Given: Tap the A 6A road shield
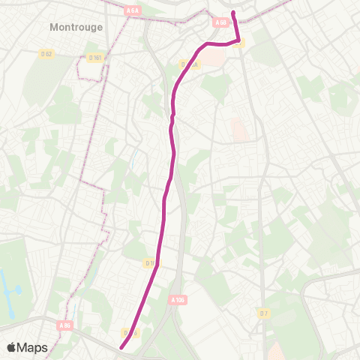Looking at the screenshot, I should click(133, 10).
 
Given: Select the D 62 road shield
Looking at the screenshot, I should click(46, 54).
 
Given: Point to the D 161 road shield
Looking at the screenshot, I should click(94, 58).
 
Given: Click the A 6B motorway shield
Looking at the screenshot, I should click(220, 23).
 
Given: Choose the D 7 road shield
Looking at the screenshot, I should click(263, 313).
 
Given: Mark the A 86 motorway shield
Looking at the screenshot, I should click(65, 325).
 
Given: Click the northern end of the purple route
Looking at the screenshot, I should click(233, 13).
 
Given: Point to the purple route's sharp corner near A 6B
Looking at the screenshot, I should click(239, 40).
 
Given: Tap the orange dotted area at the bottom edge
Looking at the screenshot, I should click(275, 351).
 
